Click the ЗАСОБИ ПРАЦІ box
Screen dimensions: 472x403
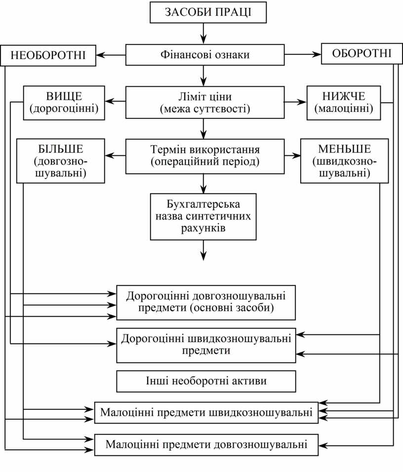[208, 12]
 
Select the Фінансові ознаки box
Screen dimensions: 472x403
[205, 54]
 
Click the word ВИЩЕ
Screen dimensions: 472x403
[64, 96]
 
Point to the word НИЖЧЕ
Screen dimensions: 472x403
[344, 96]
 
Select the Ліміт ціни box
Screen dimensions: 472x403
[205, 103]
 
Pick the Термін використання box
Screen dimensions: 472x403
[205, 155]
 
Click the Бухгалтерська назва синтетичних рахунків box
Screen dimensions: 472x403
[204, 216]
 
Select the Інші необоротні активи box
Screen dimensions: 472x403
[206, 381]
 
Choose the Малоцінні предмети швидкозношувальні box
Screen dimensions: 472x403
[206, 412]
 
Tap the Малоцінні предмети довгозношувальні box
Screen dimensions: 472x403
[206, 444]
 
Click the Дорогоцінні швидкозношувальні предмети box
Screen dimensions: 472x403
[206, 345]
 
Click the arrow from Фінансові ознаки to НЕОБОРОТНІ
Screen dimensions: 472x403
[111, 54]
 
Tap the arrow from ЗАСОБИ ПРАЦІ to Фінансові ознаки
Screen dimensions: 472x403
[203, 34]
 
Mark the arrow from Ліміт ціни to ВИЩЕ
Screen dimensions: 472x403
[116, 102]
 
